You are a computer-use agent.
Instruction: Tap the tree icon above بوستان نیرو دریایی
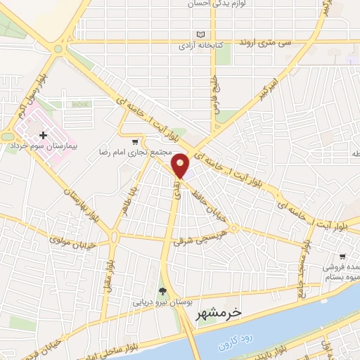coord(162,292)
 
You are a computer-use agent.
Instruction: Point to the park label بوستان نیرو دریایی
coord(162,303)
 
